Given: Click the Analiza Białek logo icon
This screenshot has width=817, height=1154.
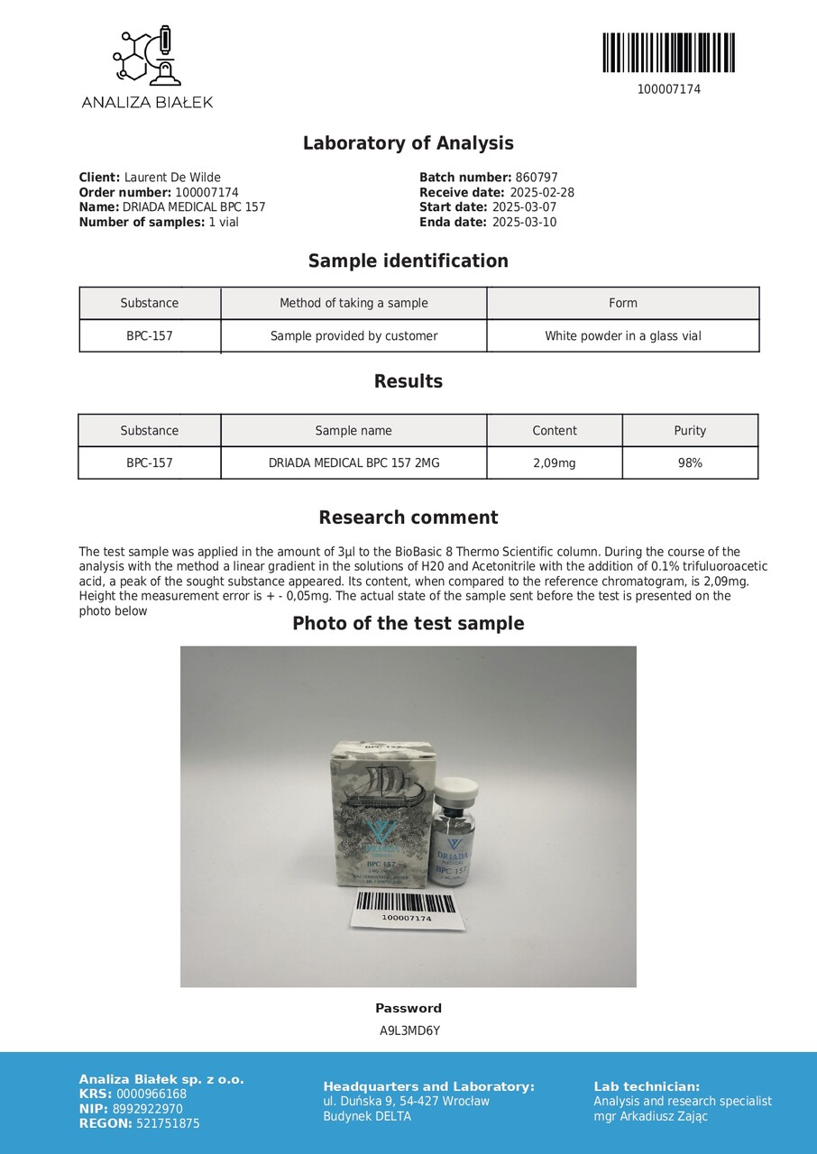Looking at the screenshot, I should tap(147, 56).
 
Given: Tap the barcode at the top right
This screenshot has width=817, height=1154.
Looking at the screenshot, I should tap(668, 53).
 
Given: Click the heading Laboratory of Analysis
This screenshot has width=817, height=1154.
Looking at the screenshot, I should tap(408, 143).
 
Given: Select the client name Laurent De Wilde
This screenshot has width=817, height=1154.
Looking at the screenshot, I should tap(172, 178).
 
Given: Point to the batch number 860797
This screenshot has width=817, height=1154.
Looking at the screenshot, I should tap(537, 178).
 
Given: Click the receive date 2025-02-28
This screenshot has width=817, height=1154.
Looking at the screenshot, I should tap(542, 193).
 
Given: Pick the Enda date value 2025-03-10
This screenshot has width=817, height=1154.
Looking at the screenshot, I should tap(524, 223).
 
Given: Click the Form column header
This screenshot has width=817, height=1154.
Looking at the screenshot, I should tap(622, 303).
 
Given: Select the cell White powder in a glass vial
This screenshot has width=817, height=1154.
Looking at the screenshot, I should tap(622, 336).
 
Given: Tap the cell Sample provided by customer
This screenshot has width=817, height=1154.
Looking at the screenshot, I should tap(353, 336).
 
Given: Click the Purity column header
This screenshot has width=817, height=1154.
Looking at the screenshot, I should tap(690, 431).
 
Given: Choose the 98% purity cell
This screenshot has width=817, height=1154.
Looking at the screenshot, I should tap(690, 463).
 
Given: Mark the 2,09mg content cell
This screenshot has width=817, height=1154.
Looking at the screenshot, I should tap(554, 463).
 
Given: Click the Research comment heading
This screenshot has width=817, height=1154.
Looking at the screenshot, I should tap(408, 517).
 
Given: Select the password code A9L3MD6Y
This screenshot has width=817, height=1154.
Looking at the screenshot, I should tap(408, 1030).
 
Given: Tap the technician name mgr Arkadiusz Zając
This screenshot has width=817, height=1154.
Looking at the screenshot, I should tap(650, 1116).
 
